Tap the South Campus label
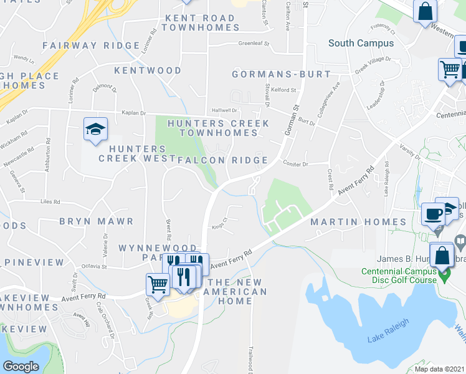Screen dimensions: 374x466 (361, 43)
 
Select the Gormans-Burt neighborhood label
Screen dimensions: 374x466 (281, 74)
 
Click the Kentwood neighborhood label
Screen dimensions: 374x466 (148, 70)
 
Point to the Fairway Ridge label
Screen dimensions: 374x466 (91, 46)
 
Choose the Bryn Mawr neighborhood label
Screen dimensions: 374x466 (97, 221)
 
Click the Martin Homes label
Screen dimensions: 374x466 (358, 222)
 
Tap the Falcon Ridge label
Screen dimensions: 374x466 (222, 160)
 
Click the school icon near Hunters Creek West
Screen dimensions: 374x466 (95, 129)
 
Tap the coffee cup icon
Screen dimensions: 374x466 (433, 214)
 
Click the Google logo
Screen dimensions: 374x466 (21, 367)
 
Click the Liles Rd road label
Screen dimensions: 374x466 (50, 202)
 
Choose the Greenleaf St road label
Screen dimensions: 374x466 (253, 44)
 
